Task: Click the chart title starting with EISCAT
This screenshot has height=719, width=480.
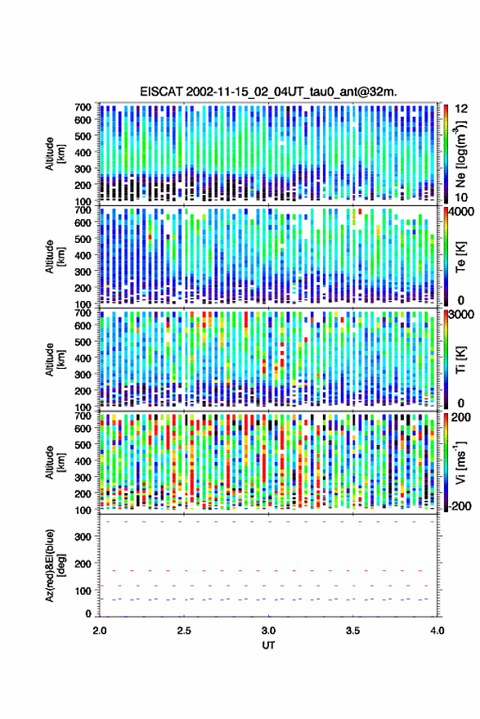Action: pos(268,92)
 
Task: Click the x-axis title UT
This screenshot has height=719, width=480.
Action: pos(268,645)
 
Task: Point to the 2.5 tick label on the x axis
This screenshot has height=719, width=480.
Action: pos(184,631)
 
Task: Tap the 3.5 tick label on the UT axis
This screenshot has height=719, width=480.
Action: pos(352,631)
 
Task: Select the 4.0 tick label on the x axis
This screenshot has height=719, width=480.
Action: pos(437,631)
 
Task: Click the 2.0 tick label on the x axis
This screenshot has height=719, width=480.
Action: pos(100,631)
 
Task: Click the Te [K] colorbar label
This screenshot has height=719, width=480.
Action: pos(460,257)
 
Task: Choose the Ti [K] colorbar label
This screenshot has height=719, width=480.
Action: pos(460,360)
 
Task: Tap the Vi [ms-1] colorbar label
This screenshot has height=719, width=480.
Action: pos(460,462)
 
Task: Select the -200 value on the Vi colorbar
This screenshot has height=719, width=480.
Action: pos(460,506)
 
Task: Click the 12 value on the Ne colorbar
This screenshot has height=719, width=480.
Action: pos(462,109)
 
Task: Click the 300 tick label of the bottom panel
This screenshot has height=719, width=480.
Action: pos(83,537)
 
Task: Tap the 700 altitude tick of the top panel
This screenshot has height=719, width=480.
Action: pos(83,107)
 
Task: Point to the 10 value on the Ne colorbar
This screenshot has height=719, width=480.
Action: pos(462,198)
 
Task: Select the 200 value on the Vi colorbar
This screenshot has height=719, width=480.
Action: pos(461,417)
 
